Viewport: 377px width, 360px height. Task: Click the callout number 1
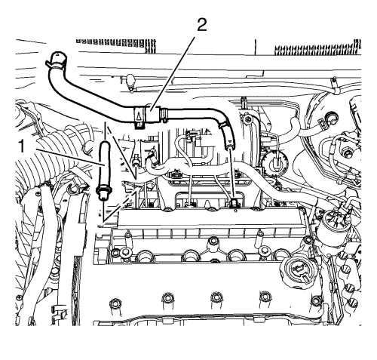point(23,146)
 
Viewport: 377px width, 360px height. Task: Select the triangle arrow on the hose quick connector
point(139,116)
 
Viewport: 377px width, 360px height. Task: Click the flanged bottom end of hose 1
point(103,193)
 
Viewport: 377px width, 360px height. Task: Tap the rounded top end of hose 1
point(104,145)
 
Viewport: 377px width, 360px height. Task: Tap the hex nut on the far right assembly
point(348,153)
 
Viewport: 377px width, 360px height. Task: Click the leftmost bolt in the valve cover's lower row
point(115,303)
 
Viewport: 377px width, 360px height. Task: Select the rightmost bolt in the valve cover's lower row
point(315,300)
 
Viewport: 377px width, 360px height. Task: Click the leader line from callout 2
point(173,73)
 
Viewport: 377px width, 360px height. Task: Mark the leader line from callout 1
point(71,157)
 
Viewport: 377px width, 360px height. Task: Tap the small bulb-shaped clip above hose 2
point(130,81)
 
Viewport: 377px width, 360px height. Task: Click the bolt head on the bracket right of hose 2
point(248,119)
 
